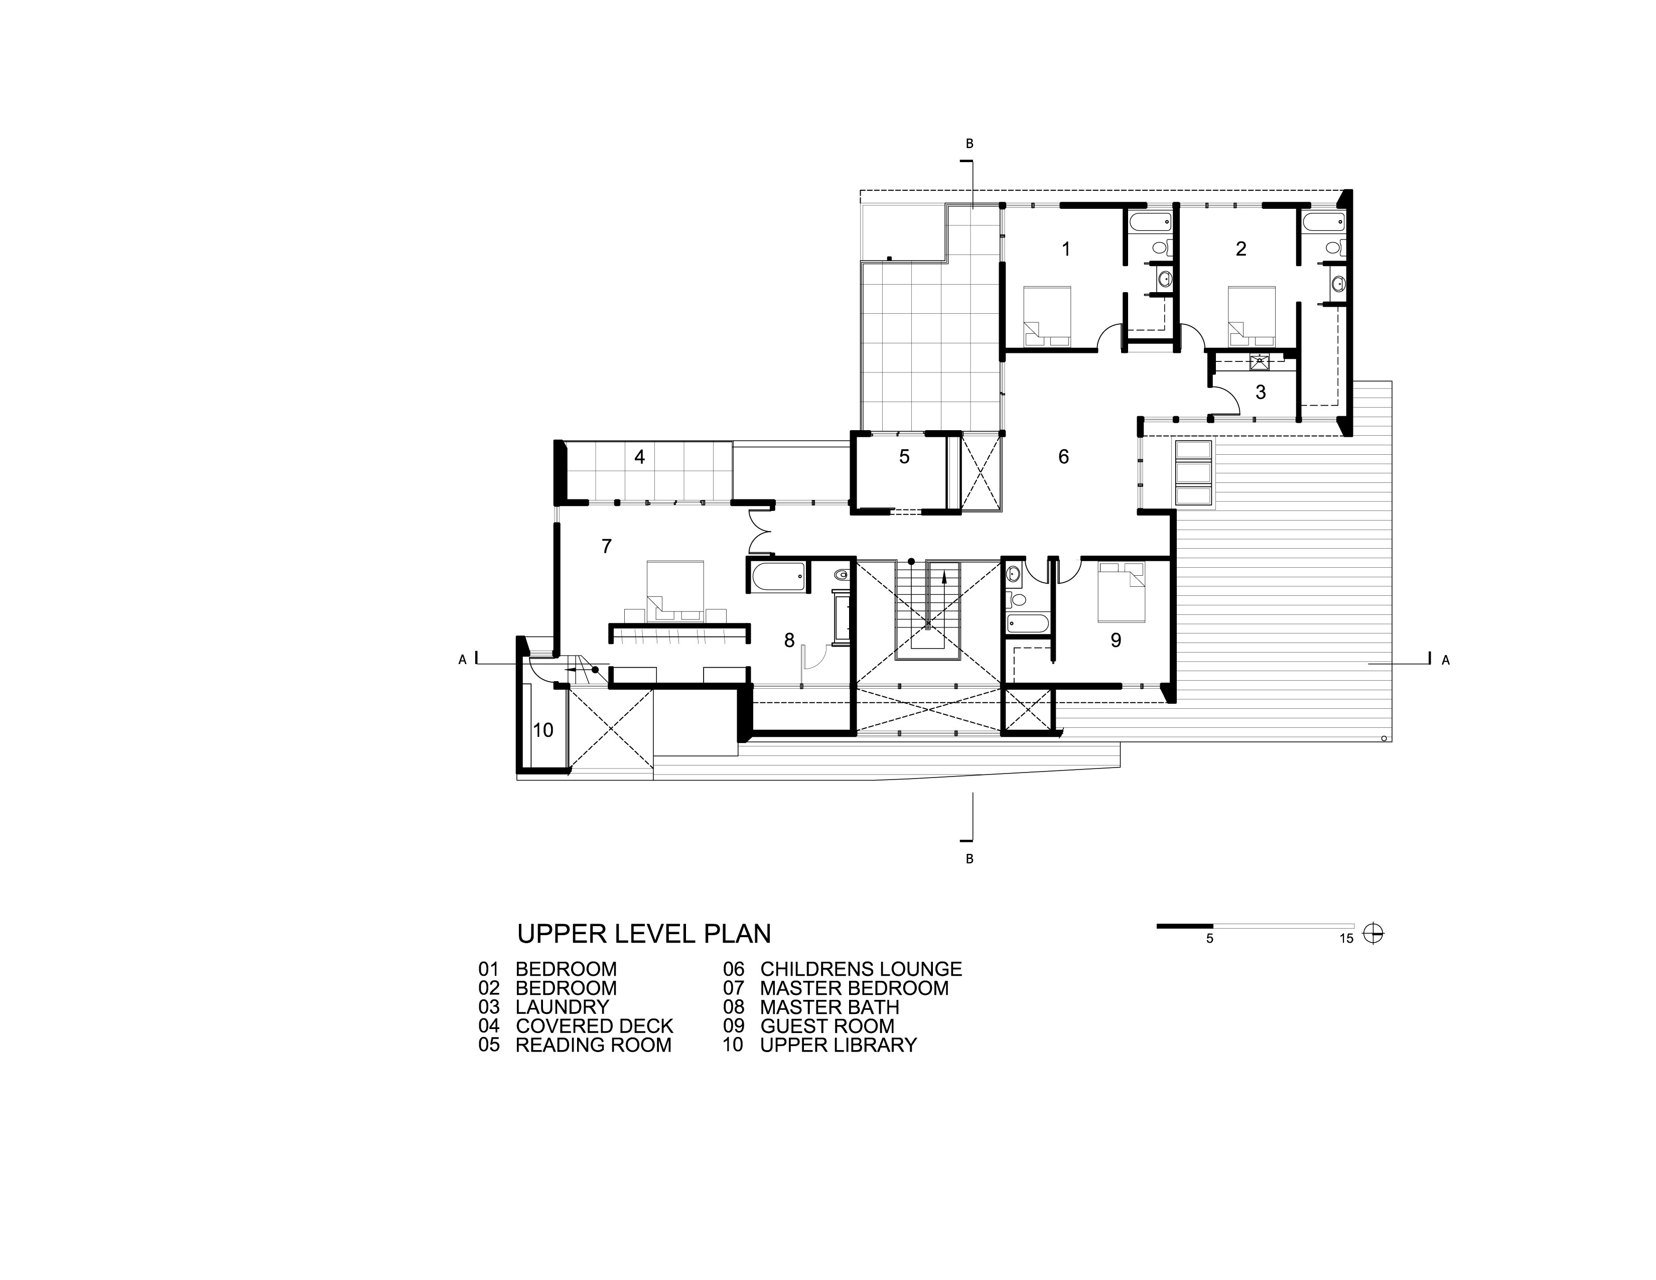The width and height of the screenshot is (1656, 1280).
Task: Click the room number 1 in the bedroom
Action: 1066,248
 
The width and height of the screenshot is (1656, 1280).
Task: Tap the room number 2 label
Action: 1240,248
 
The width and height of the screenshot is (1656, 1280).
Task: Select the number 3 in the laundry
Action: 1261,392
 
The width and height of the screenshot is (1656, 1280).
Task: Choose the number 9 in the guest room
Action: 1116,640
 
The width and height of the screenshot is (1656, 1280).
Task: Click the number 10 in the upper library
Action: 543,730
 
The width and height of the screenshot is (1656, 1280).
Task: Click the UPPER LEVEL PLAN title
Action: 644,934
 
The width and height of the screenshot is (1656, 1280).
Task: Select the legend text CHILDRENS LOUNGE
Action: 861,969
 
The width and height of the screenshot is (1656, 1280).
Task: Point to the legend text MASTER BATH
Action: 830,1007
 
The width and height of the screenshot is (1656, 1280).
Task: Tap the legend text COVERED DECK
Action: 595,1026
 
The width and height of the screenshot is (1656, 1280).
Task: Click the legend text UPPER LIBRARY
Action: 839,1045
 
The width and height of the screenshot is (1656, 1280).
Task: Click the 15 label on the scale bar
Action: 1346,939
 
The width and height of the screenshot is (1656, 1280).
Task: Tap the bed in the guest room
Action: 1121,591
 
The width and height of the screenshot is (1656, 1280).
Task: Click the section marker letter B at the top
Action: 969,144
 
